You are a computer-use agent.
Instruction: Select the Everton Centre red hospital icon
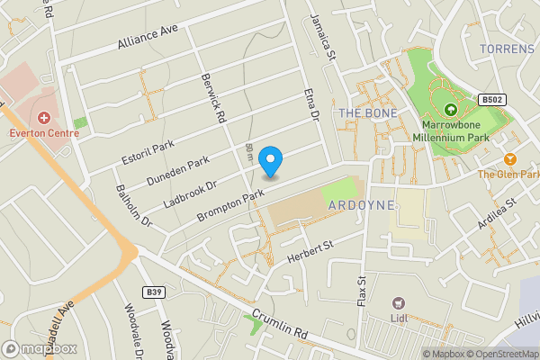[x=43, y=117]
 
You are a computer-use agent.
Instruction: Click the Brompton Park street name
[x=232, y=200]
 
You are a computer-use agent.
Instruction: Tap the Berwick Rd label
[x=213, y=98]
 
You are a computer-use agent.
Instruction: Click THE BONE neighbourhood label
[x=361, y=112]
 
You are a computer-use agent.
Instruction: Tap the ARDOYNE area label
[x=362, y=205]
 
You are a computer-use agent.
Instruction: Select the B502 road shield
[x=492, y=100]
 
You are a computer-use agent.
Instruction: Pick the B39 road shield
[x=155, y=292]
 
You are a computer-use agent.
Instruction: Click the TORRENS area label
[x=507, y=48]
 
